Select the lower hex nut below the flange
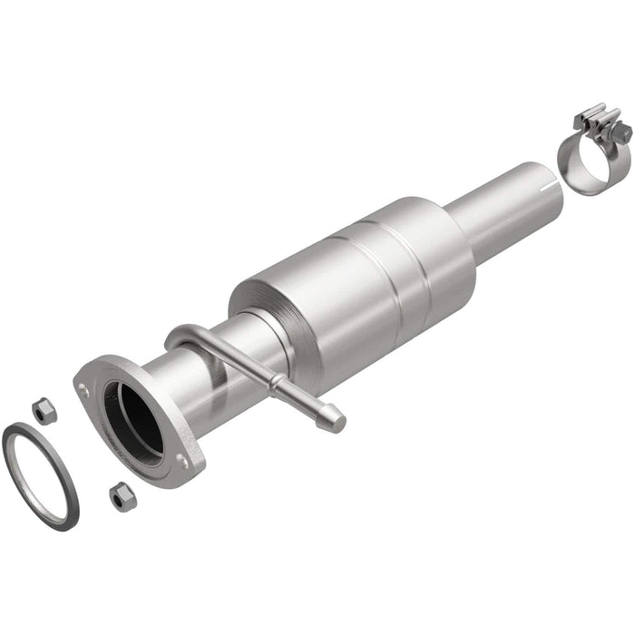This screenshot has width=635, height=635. click(x=120, y=495)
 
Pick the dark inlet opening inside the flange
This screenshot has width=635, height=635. click(x=133, y=420)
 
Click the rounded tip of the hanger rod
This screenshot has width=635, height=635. click(x=337, y=418)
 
